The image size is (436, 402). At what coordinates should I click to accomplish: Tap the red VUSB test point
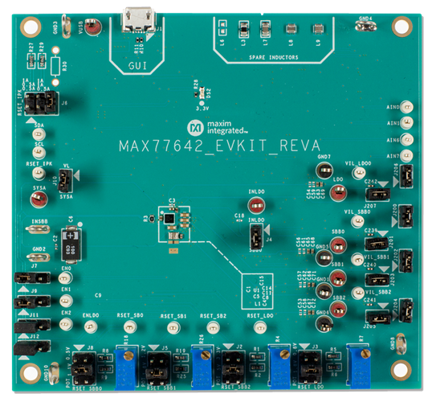pyautogui.click(x=94, y=30)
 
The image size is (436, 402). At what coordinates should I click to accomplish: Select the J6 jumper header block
pyautogui.click(x=38, y=102)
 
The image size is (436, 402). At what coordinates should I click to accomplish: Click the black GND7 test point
pyautogui.click(x=324, y=170)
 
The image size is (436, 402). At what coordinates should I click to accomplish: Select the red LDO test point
pyautogui.click(x=338, y=191)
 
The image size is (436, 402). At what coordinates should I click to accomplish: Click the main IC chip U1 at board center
pyautogui.click(x=168, y=217)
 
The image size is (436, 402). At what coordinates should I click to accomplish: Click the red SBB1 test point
pyautogui.click(x=338, y=276)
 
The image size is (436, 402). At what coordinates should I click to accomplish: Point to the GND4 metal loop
pyautogui.click(x=367, y=25)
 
